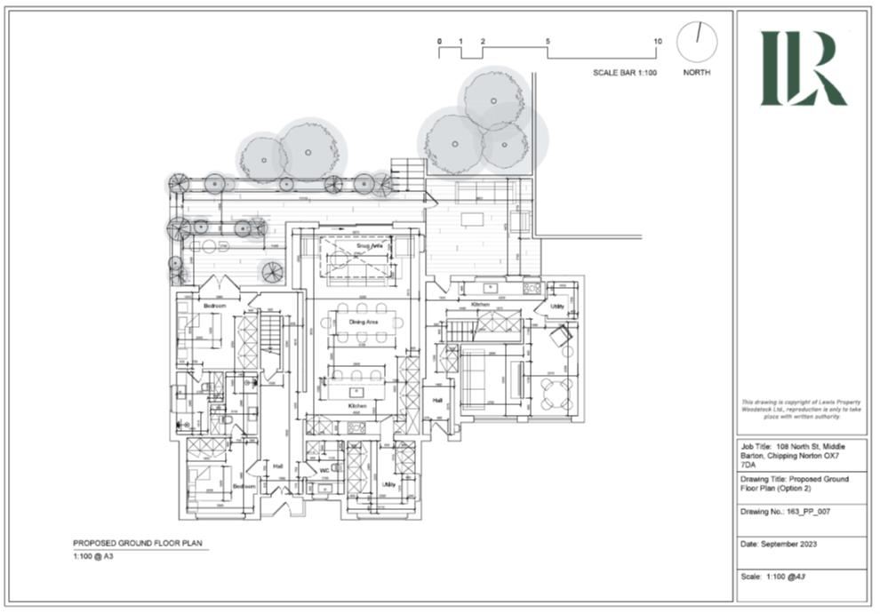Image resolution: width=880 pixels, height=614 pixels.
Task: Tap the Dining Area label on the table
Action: (x=364, y=321)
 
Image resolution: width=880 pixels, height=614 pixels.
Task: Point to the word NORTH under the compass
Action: (x=696, y=73)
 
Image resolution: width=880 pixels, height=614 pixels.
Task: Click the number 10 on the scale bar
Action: (x=658, y=42)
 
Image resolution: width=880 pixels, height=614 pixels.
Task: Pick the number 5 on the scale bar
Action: (x=548, y=42)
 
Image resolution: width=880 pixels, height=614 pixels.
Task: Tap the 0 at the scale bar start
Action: (x=439, y=42)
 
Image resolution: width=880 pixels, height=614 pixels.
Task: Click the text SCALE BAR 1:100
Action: (x=624, y=73)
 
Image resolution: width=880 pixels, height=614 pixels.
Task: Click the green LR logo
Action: (x=802, y=68)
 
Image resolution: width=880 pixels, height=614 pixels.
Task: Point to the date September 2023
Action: (x=778, y=544)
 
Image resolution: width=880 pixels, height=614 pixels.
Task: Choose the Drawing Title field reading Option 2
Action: (x=793, y=484)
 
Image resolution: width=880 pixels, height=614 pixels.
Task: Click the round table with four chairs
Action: (x=557, y=390)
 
